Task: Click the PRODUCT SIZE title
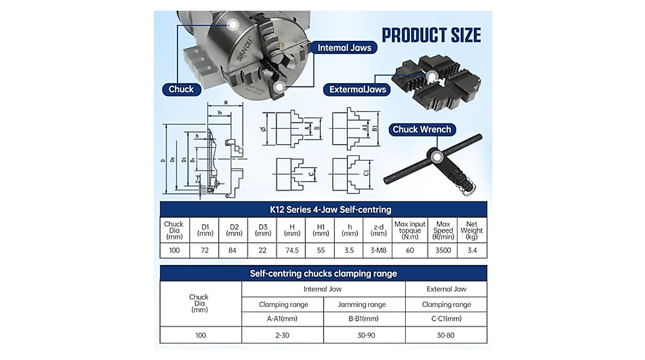[x=431, y=35]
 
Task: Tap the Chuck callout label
[x=181, y=89]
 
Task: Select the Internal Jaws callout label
[x=344, y=48]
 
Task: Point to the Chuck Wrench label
[x=421, y=129]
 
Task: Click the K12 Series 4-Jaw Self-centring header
[x=323, y=210]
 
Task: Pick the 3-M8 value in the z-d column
[x=378, y=250]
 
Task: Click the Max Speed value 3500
[x=443, y=250]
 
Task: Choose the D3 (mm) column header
[x=262, y=230]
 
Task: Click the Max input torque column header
[x=410, y=230]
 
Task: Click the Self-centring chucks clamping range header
[x=323, y=273]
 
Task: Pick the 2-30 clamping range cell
[x=283, y=335]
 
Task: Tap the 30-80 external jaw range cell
[x=446, y=335]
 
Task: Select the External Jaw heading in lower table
[x=446, y=289]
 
